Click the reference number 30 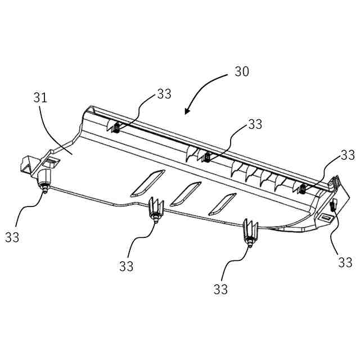[x=242, y=72]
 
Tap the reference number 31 [x=40, y=97]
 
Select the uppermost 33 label [x=164, y=94]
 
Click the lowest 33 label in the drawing [x=220, y=290]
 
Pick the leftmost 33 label [x=12, y=237]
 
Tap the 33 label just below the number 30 [x=255, y=124]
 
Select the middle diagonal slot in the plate [x=186, y=193]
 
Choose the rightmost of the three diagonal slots [x=223, y=204]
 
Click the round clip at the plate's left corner [x=43, y=182]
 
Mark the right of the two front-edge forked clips [x=249, y=233]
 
